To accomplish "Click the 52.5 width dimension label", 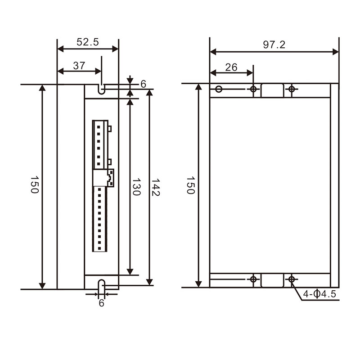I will coord(87,42).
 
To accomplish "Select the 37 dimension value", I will coord(79,66).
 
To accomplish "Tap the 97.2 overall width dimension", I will coord(274,45).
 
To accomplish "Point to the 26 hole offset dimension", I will coord(231,67).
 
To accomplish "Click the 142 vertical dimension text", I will coord(156,187).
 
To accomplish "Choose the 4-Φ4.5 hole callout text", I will coord(319,294).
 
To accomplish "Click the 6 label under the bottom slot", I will coord(101,303).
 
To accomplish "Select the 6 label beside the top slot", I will coord(143,84).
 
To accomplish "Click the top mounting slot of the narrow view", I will coord(102,89).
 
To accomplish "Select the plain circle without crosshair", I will coord(219,89).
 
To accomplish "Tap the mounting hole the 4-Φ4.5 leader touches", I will coord(292,280).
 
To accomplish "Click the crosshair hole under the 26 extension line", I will coord(253,89).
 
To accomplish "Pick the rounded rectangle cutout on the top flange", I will coord(273,90).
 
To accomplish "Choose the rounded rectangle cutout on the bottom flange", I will coord(273,280).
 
